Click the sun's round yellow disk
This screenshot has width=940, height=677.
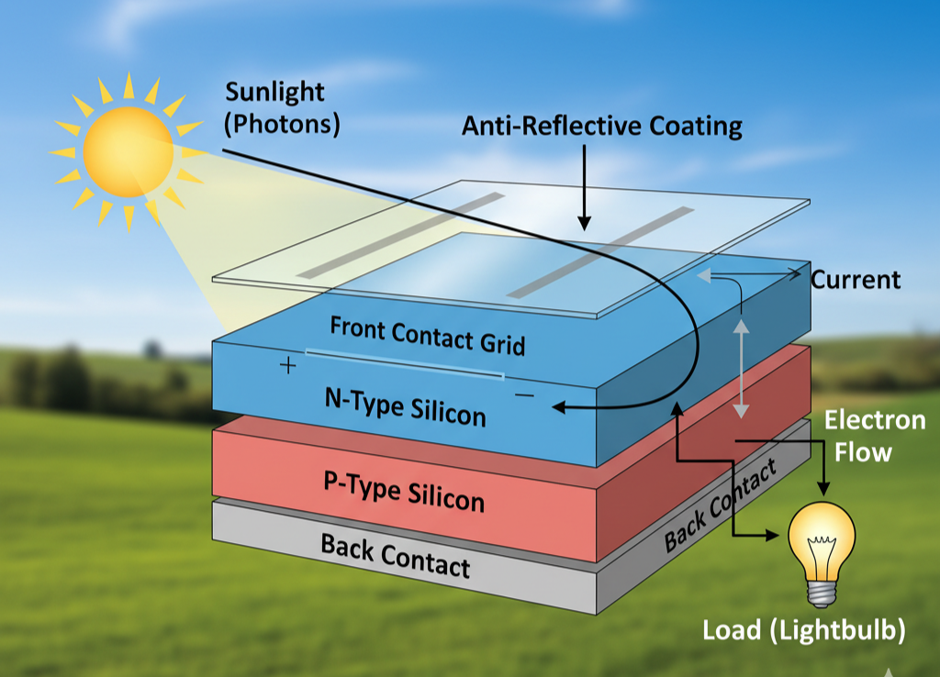click(x=128, y=152)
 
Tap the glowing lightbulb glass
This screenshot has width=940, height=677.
click(x=822, y=540)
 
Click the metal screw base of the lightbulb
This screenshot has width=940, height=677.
click(x=821, y=591)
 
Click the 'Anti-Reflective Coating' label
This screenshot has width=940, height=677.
click(x=602, y=126)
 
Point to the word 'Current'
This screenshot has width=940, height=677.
click(x=856, y=280)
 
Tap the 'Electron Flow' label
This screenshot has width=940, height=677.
click(x=874, y=436)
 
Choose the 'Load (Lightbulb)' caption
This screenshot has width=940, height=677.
click(x=804, y=631)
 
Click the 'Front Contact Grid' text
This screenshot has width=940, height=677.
click(x=427, y=336)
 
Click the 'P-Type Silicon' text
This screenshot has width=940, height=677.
click(x=404, y=491)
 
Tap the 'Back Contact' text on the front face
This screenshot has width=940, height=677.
click(x=395, y=555)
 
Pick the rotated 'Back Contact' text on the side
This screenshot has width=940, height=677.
click(x=720, y=504)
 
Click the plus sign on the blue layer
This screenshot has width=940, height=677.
click(x=288, y=367)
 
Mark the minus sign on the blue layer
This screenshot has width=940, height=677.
click(x=525, y=395)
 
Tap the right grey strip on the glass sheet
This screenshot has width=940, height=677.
click(x=600, y=252)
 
